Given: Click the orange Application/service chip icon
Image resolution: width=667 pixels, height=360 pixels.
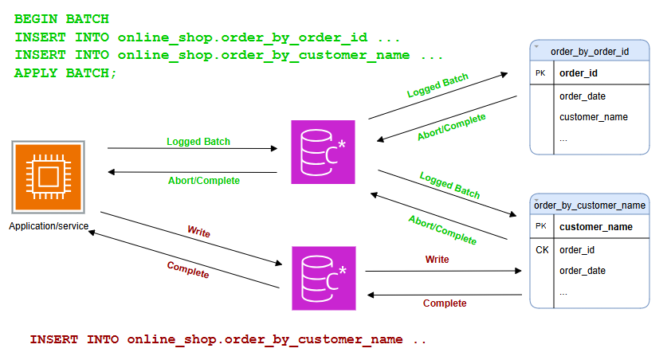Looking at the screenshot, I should (x=47, y=177).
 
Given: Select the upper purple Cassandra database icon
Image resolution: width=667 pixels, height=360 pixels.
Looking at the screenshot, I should (x=323, y=152).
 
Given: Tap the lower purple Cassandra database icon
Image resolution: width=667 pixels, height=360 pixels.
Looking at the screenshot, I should (x=323, y=278).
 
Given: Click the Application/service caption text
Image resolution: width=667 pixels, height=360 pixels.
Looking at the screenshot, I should (x=49, y=226).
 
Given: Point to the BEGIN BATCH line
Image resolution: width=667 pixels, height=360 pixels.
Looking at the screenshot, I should (x=62, y=18).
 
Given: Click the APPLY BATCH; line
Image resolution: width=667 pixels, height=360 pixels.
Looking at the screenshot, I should (x=66, y=73).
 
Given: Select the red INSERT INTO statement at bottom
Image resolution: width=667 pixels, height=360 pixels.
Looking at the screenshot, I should (x=228, y=339).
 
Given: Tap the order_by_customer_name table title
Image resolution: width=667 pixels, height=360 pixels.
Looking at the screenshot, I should (x=590, y=205).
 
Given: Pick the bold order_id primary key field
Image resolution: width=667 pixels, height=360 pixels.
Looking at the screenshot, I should (x=579, y=73).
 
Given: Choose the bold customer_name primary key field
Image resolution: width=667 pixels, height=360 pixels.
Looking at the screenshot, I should (x=596, y=227).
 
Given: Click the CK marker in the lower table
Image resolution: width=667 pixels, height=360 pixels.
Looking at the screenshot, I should (x=542, y=250).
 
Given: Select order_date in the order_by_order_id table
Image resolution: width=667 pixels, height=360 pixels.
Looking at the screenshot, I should (x=582, y=96).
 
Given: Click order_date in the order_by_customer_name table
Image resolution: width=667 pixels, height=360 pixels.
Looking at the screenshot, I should (x=582, y=271).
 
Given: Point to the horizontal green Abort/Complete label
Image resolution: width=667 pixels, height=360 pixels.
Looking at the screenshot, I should (x=203, y=181).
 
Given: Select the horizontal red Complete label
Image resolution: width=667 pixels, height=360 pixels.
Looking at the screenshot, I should (x=445, y=303).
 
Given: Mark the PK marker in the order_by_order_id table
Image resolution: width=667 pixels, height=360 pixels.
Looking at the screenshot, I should (x=542, y=73).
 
